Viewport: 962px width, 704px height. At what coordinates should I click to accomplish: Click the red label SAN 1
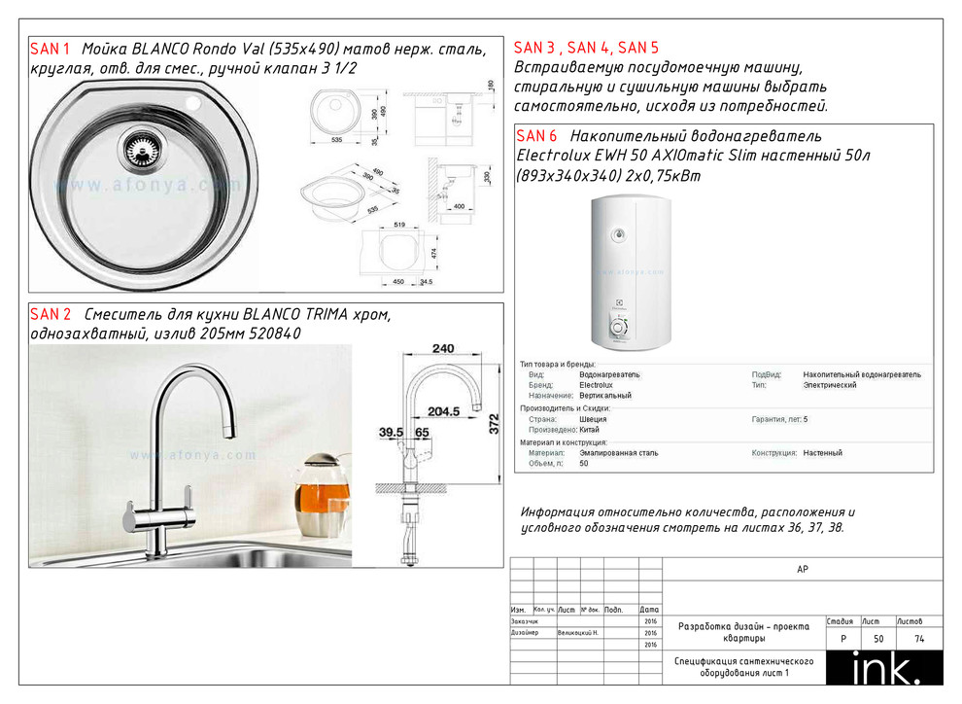[x=51, y=49]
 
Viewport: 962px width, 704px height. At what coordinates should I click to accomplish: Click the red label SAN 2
[x=51, y=314]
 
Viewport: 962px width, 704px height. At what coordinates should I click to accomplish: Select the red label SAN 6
[x=537, y=136]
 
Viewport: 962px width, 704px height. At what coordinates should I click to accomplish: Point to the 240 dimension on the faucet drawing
[x=442, y=348]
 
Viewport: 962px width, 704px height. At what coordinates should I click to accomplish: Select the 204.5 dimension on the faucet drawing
[x=444, y=411]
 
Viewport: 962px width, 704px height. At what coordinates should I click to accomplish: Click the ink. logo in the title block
[x=885, y=670]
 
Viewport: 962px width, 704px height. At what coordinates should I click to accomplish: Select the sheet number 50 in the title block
[x=878, y=639]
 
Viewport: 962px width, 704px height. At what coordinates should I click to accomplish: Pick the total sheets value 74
[x=918, y=639]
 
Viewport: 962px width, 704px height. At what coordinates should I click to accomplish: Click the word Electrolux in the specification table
[x=596, y=385]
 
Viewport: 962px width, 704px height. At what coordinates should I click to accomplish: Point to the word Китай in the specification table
[x=589, y=430]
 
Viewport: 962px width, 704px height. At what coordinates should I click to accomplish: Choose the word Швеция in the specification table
[x=593, y=419]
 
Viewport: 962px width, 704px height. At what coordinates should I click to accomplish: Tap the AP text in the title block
[x=802, y=570]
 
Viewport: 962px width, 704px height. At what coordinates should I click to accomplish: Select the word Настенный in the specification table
[x=822, y=453]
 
